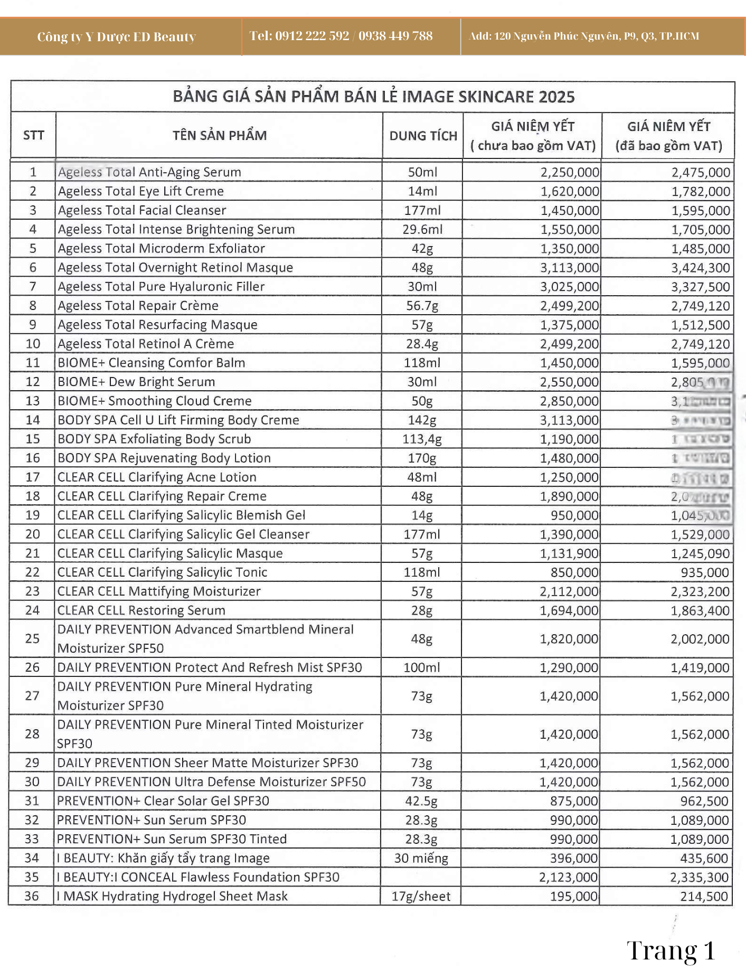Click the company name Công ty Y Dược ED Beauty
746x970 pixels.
pos(116,36)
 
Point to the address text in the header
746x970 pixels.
pos(584,36)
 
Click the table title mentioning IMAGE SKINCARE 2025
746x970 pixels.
pos(373,97)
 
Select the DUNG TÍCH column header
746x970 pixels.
pos(423,136)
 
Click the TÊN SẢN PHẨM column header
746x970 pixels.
pos(219,135)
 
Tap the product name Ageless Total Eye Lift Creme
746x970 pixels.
pos(141,191)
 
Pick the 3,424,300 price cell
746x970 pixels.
pos(700,268)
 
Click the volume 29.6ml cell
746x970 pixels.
pos(422,229)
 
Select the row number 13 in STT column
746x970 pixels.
pos(33,401)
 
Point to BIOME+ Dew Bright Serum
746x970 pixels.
pos(136,382)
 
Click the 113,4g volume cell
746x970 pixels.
pos(422,439)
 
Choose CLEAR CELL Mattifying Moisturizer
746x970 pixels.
pos(159,591)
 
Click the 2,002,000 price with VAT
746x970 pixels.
pos(700,639)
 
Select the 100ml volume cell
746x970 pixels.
pos(422,667)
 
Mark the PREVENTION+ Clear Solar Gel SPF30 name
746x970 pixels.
pos(163,801)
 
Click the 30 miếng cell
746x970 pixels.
pos(421,858)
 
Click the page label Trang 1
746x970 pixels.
pos(671,950)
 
